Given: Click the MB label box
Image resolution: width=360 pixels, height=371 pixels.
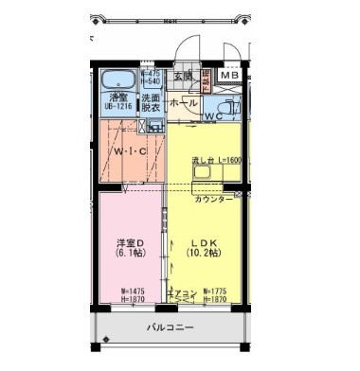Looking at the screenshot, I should point(230,76).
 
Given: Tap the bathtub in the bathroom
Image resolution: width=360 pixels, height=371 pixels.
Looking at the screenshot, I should point(118,79).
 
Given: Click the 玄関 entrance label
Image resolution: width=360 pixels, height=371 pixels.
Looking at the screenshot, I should point(182,76).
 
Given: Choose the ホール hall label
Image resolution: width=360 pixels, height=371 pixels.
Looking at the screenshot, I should point(184,101).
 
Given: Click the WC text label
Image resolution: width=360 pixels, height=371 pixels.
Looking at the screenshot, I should point(214,116).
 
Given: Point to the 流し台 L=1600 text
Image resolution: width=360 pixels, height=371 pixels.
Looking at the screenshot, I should point(216,160).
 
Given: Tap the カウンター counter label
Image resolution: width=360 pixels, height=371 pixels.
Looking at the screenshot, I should point(213,202).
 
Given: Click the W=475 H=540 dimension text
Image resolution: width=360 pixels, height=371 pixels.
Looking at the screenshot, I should point(151,77).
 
